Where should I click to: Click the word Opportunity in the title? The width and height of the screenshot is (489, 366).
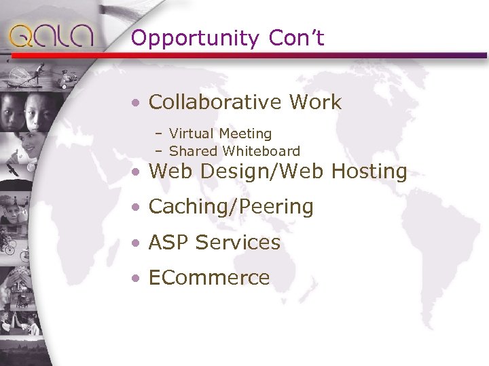click(x=195, y=39)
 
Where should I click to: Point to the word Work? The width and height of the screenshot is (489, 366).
click(x=314, y=102)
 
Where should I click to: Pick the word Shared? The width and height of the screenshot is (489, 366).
click(x=190, y=150)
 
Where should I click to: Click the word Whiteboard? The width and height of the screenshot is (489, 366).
click(x=257, y=150)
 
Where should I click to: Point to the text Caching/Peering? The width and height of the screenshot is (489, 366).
click(x=231, y=207)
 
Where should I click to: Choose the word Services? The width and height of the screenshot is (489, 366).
click(x=238, y=243)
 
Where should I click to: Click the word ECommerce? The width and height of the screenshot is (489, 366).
click(x=209, y=278)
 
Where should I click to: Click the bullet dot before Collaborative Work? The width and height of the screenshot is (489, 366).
click(x=137, y=103)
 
